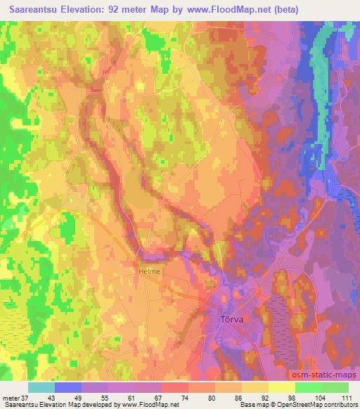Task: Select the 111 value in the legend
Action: [346, 398]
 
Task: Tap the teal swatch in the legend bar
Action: [41, 387]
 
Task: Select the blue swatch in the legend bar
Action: [67, 387]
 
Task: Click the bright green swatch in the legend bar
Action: [308, 387]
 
